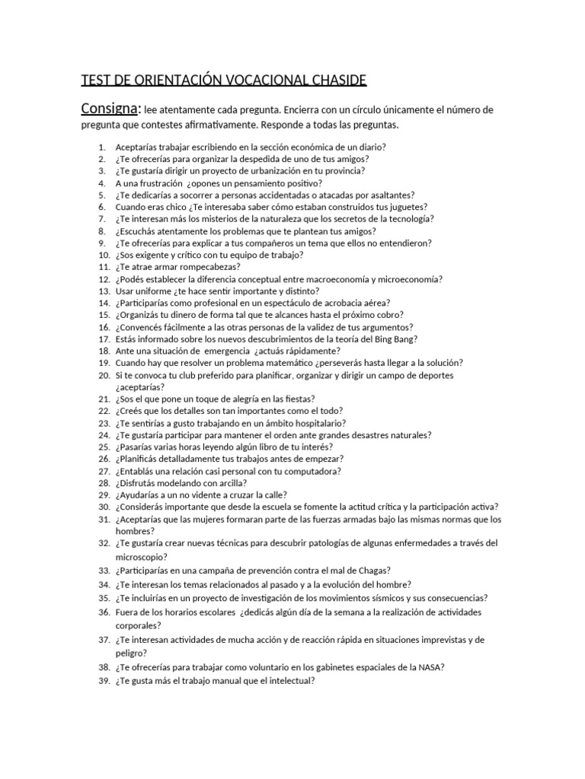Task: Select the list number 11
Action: tap(104, 267)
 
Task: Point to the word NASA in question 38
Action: tap(431, 667)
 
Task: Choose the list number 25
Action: tap(104, 447)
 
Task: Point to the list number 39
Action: tap(104, 681)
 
